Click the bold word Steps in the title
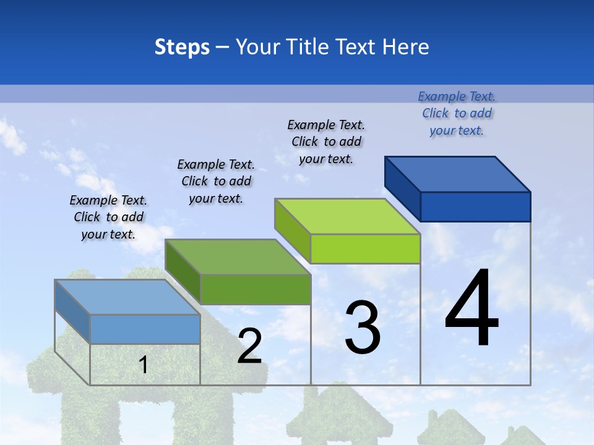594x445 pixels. [182, 47]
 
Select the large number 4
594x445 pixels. [471, 308]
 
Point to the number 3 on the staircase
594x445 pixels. [363, 328]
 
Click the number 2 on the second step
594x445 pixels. [250, 346]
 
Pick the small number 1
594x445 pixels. [144, 365]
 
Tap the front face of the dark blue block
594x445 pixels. [475, 206]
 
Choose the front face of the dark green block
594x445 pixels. [255, 289]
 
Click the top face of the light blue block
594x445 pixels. [127, 297]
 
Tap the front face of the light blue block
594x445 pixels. [145, 329]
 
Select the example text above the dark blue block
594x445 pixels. [457, 113]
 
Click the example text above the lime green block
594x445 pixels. [326, 142]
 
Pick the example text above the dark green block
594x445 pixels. [216, 181]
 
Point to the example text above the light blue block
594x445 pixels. [108, 217]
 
